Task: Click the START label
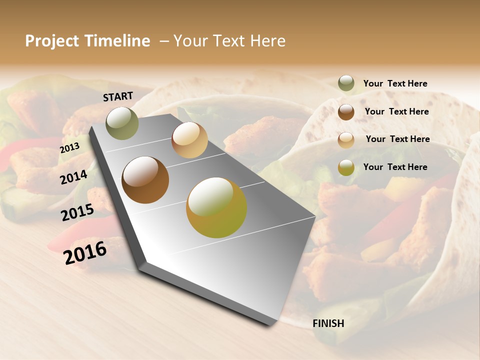pos(118,96)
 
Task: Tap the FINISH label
pos(328,323)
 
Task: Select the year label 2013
pos(69,148)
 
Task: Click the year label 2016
pos(85,253)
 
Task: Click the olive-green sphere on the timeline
pos(122,123)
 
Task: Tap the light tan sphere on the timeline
pos(189,140)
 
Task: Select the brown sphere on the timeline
pos(145,180)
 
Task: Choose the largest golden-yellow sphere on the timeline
pos(216,207)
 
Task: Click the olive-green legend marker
pos(346,83)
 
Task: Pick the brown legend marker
pos(346,112)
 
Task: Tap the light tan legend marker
pos(346,140)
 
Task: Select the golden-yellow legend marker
pos(346,167)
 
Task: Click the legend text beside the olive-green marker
pos(395,83)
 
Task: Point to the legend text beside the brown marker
pos(396,111)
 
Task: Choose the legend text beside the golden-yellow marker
pos(395,167)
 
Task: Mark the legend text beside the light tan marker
pos(397,139)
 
